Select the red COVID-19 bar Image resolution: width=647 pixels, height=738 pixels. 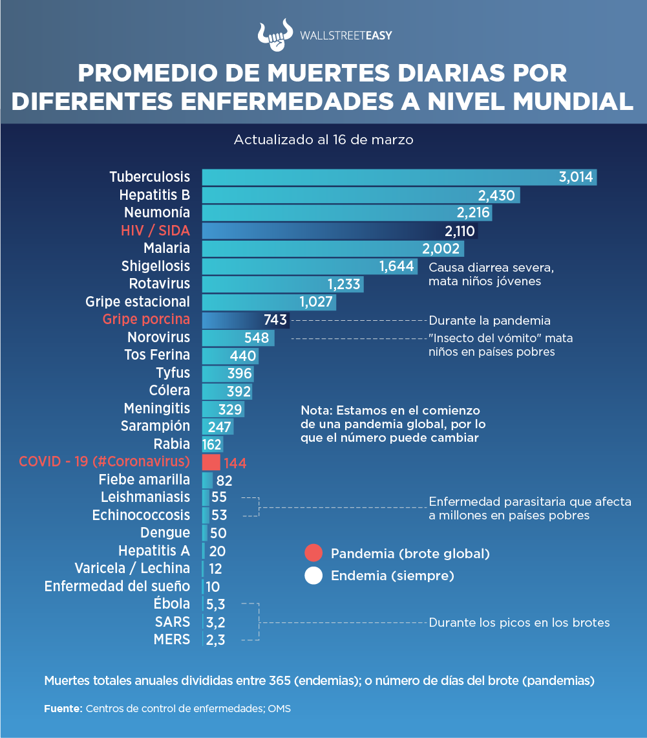click(211, 462)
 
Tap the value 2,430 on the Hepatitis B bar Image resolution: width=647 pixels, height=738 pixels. click(496, 195)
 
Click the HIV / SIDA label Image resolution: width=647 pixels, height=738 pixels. click(155, 230)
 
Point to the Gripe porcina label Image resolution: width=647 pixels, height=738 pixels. click(146, 320)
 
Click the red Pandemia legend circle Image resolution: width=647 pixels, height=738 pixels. click(313, 554)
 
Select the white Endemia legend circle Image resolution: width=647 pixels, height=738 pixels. click(313, 576)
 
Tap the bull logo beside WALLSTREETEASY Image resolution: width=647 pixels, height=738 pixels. click(275, 38)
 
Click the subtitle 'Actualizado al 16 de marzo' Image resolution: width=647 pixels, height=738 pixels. click(323, 140)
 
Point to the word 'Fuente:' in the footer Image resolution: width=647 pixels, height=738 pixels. click(63, 708)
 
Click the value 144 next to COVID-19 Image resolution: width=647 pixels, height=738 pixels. click(235, 463)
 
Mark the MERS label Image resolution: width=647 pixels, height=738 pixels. click(172, 640)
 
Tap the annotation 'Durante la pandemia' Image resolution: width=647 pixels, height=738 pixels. click(489, 320)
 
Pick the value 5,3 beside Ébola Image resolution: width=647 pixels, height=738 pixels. click(215, 605)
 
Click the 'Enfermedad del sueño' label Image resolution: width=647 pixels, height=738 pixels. click(117, 587)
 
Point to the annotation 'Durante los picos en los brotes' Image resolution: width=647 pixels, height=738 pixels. click(519, 623)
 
